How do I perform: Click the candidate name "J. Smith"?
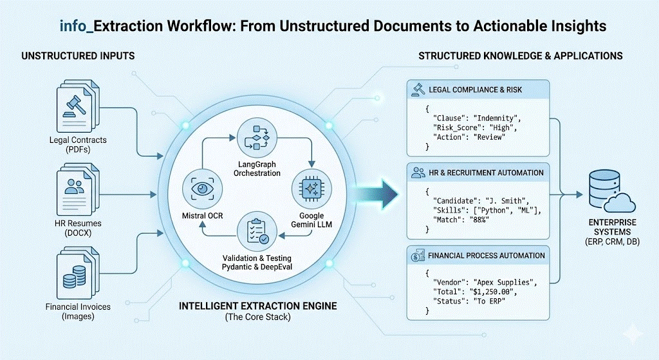click(512, 202)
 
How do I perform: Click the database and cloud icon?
click(608, 191)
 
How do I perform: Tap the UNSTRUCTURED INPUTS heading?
click(78, 56)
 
